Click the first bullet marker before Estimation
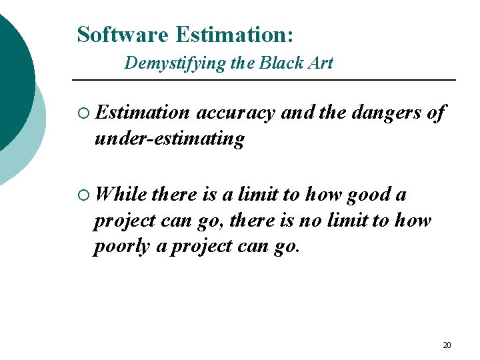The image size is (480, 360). pos(83,114)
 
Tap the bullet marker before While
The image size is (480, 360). pos(83,195)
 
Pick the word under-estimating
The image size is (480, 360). pos(169,139)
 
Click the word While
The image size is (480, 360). pos(121,195)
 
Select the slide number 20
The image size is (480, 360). pos(447,345)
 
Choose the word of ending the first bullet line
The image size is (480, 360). pos(436,113)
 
